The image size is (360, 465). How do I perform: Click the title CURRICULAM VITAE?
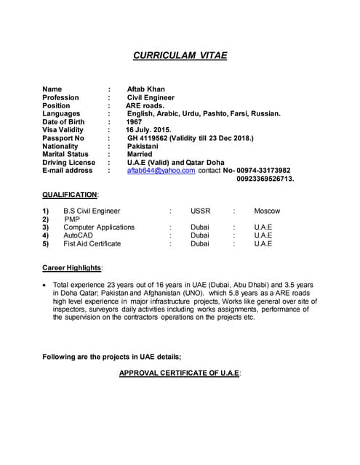180,55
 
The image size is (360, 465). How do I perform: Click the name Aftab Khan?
145,89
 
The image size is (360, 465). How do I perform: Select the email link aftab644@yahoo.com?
161,170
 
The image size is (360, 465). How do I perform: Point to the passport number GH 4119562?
150,138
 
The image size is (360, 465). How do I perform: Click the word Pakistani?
143,146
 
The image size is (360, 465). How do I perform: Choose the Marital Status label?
65,154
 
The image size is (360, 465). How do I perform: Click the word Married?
140,154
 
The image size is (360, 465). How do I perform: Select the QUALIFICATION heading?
70,195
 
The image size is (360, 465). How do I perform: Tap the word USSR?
200,211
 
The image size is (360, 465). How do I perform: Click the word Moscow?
267,211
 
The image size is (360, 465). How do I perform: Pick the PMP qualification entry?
72,219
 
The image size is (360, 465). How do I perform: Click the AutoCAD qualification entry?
78,235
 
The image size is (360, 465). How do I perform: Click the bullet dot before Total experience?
46,286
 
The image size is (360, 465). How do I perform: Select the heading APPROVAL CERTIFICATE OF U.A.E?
180,373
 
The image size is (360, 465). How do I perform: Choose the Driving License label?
68,162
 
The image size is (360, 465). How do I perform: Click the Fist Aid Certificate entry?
92,243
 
